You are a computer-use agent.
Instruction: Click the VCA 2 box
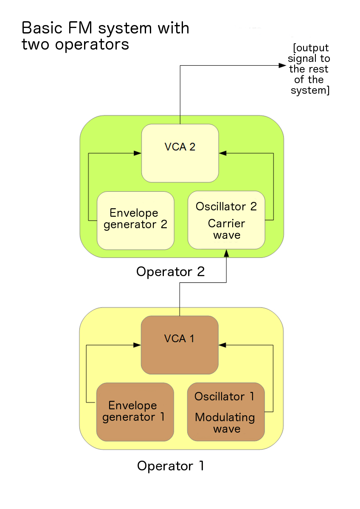pos(180,153)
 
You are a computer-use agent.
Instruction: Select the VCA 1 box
pos(180,345)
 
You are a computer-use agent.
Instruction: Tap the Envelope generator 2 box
pos(135,220)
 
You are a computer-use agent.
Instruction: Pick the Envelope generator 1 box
pos(135,412)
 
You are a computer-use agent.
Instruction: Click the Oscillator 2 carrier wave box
pos(226,220)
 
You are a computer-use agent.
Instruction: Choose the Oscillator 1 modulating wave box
pos(226,412)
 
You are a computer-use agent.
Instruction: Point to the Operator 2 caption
pos(170,271)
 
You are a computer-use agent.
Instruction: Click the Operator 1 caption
pos(171,466)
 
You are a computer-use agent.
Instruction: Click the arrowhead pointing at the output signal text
pos(282,65)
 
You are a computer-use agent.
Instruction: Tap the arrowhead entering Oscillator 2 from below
pos(226,253)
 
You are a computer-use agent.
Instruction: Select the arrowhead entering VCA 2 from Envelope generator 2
pos(138,153)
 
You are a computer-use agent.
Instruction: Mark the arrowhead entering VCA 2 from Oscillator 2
pos(223,153)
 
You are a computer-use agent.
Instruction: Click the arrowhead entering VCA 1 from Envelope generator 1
pos(137,345)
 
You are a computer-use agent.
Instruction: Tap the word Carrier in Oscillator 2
pos(226,224)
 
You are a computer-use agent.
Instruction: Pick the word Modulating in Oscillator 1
pos(225,417)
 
